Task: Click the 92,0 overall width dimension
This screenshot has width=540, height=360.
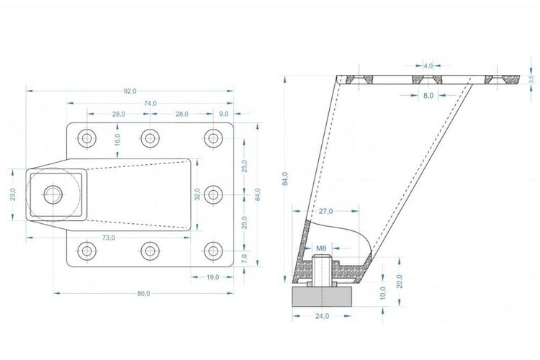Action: tap(130, 91)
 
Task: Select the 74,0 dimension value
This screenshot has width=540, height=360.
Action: tap(150, 103)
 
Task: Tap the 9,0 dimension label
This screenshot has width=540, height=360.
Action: tap(223, 114)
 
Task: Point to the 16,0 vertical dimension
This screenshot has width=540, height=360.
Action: tap(117, 140)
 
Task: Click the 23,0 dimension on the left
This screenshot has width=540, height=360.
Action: tap(12, 194)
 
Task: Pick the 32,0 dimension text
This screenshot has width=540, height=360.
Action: tap(197, 194)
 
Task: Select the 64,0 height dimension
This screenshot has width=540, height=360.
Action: tap(258, 194)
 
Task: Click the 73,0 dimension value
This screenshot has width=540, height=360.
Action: tap(109, 238)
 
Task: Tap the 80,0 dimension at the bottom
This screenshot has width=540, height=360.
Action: tap(143, 294)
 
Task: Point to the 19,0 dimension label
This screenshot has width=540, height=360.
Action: tap(212, 277)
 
